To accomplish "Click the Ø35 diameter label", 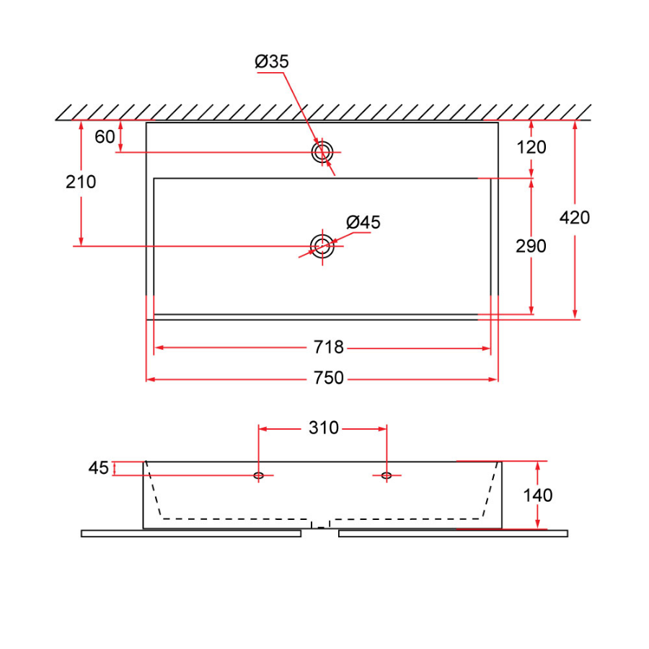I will pos(272,62).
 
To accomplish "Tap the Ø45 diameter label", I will pos(363,222).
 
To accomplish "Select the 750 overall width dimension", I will pos(328,379).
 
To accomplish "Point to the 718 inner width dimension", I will pos(328,348).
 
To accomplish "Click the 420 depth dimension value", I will pos(575,217).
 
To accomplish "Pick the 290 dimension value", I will pos(531,247).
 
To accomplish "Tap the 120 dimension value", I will pos(532,148).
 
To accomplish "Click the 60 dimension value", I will pos(105,136).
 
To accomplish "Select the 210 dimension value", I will pos(81,182).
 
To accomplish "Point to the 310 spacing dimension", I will pos(324,428).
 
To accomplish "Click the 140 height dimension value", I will pos(538,495).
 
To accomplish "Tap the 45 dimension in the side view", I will pos(99,469).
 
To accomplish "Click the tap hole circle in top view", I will pos(322,152).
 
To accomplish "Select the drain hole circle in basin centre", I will pos(322,246).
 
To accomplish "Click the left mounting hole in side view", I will pos(258,475).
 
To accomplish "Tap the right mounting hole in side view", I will pos(387,475).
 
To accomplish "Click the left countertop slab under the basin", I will pos(191,534).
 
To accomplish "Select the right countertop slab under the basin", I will pos(453,534).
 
